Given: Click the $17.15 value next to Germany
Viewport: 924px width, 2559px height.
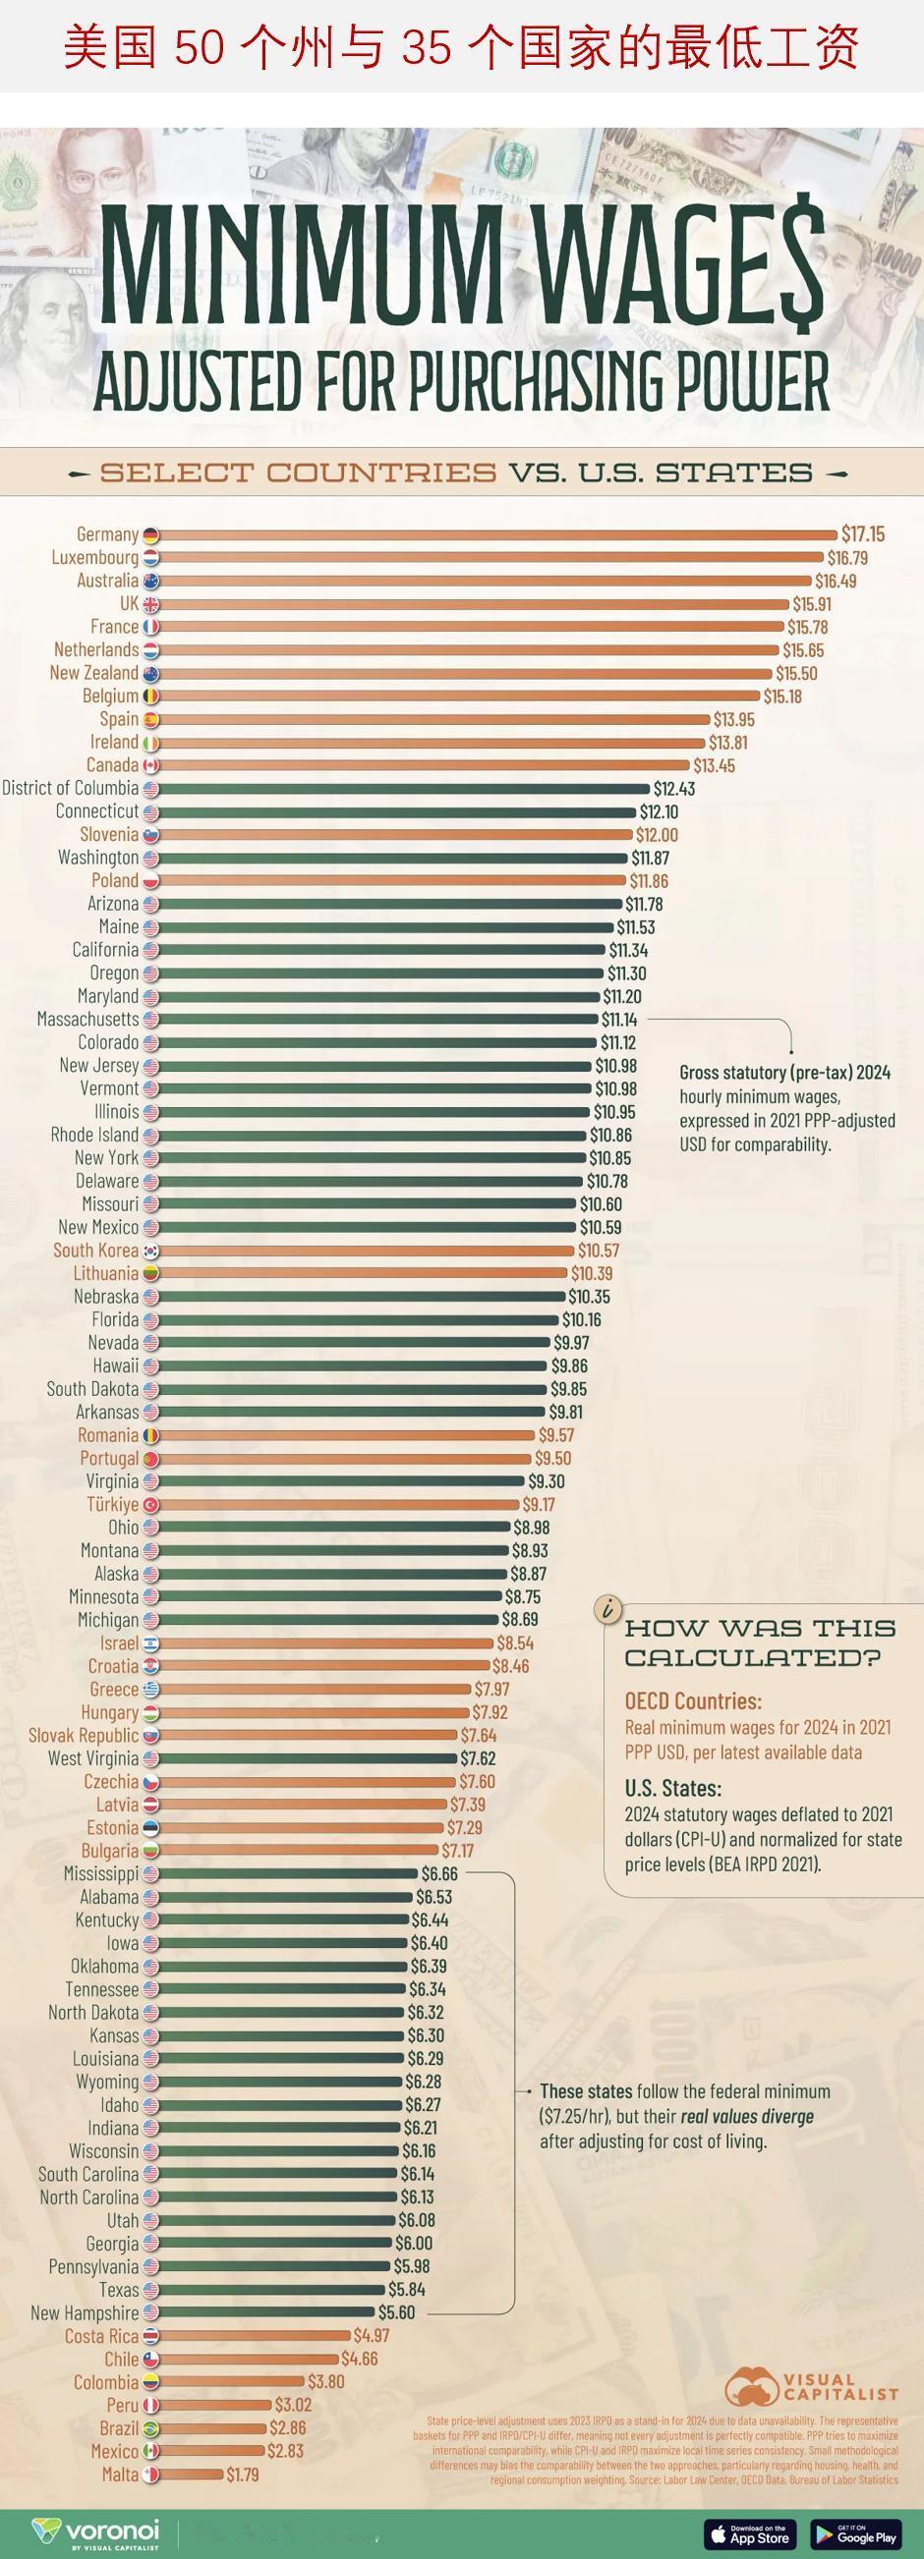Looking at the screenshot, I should pyautogui.click(x=861, y=534).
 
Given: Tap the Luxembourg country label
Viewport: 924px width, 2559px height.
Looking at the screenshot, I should pyautogui.click(x=95, y=557).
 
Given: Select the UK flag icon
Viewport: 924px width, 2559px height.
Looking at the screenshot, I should pyautogui.click(x=151, y=604).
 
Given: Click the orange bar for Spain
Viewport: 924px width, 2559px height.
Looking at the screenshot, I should pyautogui.click(x=433, y=719).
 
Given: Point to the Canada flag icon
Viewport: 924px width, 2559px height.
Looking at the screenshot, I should pyautogui.click(x=151, y=765).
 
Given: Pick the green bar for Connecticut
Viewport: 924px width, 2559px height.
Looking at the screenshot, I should pyautogui.click(x=396, y=811).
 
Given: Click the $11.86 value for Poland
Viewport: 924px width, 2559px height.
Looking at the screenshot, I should pyautogui.click(x=649, y=881).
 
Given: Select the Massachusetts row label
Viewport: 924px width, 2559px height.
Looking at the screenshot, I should pyautogui.click(x=87, y=1020).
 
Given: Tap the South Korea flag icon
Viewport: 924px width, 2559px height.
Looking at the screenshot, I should pyautogui.click(x=151, y=1251).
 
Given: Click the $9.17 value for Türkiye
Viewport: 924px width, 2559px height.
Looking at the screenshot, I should pyautogui.click(x=539, y=1505).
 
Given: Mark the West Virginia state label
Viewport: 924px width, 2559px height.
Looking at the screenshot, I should pyautogui.click(x=93, y=1758).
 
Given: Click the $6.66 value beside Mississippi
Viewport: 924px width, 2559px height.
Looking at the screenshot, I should pyautogui.click(x=439, y=1873).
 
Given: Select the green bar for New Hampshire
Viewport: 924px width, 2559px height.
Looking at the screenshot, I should pyautogui.click(x=266, y=2312).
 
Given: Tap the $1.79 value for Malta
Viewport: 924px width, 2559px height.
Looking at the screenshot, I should pyautogui.click(x=243, y=2475).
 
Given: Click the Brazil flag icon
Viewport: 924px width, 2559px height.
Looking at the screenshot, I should pyautogui.click(x=151, y=2429).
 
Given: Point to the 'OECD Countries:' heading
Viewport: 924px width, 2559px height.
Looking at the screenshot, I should pyautogui.click(x=692, y=1700).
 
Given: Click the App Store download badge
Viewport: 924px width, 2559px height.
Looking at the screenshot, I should pyautogui.click(x=750, y=2533).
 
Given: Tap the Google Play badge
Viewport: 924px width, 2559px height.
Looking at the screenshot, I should pyautogui.click(x=855, y=2533).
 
